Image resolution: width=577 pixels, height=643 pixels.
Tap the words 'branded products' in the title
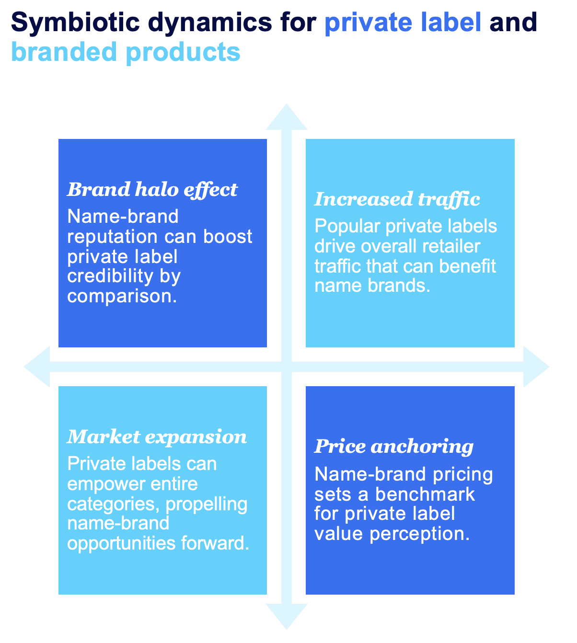[126, 53]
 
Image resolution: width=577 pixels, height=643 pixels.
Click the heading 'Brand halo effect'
[152, 190]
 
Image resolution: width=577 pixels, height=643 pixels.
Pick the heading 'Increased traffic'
[397, 200]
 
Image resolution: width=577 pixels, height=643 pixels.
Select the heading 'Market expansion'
[157, 437]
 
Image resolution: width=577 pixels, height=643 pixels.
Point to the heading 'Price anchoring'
[394, 448]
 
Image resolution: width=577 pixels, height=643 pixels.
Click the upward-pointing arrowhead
[287, 117]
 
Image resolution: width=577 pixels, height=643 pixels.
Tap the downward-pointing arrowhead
[287, 617]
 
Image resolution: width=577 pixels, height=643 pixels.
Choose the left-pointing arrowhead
[37, 367]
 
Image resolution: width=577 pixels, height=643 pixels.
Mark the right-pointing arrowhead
[536, 367]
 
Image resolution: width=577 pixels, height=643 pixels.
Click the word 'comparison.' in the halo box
[122, 297]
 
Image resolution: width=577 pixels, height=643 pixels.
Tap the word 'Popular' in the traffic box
[347, 227]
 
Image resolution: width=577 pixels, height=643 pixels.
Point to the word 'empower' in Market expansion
[107, 485]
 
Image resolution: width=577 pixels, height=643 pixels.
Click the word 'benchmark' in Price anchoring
[425, 495]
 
